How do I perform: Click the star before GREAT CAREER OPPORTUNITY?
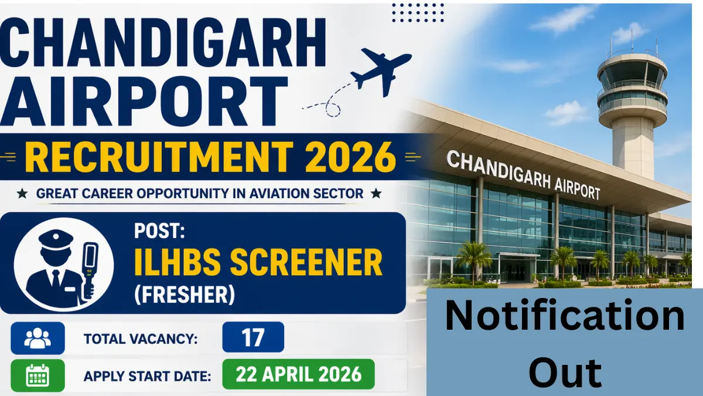(22, 194)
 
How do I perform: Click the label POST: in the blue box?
(159, 231)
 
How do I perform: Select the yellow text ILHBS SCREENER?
(258, 262)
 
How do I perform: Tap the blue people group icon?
(37, 339)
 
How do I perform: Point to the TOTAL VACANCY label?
(141, 339)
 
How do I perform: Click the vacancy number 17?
(253, 338)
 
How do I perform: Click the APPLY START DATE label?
(147, 376)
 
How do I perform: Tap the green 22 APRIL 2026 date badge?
(298, 374)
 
